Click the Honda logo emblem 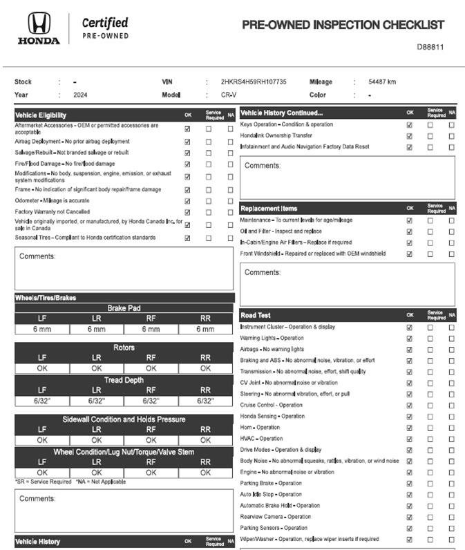pos(39,23)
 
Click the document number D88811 pos(430,47)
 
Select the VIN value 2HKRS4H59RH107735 pos(254,82)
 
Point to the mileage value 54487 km pos(382,82)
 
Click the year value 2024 pos(80,95)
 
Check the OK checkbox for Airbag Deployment pos(187,142)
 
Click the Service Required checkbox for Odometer pos(209,201)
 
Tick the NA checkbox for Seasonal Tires pos(230,238)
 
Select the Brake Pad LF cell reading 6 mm pos(42,330)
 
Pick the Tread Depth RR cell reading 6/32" pos(205,401)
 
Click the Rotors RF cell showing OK pos(151,368)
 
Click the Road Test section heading pos(256,315)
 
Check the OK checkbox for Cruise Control pos(409,406)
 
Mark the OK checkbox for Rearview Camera pos(409,517)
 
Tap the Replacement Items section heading pos(269,208)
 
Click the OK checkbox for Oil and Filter pos(409,231)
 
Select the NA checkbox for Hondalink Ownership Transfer pos(451,136)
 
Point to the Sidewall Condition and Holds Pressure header pos(124,419)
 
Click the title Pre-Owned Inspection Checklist pos(343,25)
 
